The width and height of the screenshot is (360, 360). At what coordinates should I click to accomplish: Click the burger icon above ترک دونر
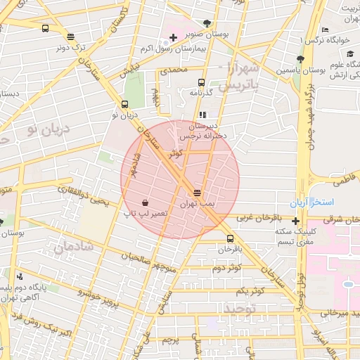(x=70, y=37)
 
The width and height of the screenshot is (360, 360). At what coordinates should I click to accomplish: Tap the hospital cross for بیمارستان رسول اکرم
(x=174, y=37)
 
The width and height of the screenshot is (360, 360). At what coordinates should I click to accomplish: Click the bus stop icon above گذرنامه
(x=202, y=82)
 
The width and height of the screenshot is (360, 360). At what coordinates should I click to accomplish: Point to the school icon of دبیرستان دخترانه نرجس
(x=202, y=115)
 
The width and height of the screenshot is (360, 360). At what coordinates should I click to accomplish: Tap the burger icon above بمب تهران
(x=197, y=192)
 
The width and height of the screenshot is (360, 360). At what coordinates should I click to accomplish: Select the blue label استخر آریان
(x=326, y=202)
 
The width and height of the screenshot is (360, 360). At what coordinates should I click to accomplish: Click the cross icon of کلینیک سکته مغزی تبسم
(x=295, y=221)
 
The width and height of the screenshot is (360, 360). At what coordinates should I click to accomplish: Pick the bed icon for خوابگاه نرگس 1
(x=324, y=30)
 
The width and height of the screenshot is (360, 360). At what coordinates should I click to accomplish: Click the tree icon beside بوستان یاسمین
(x=300, y=59)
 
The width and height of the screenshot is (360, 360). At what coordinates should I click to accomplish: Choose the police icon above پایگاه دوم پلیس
(x=19, y=276)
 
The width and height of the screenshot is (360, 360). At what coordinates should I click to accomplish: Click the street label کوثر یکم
(x=250, y=290)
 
